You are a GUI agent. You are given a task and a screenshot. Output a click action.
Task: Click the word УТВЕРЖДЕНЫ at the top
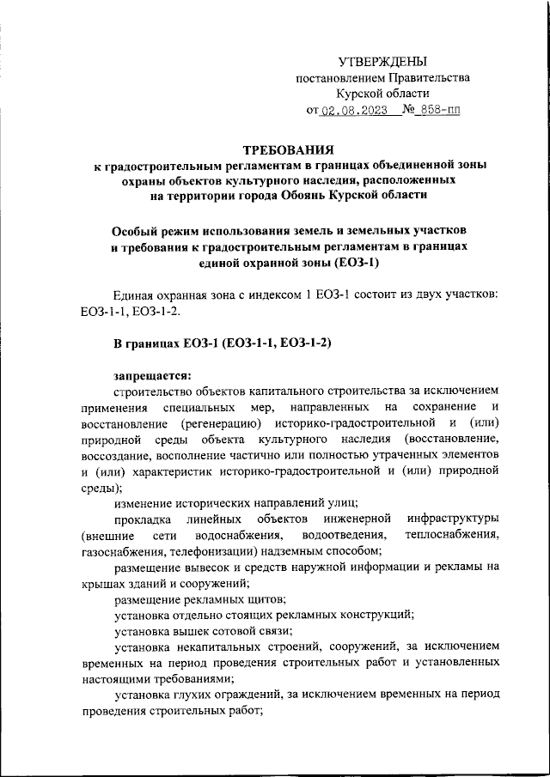(x=382, y=61)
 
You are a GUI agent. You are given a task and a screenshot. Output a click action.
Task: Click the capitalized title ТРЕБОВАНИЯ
(x=275, y=149)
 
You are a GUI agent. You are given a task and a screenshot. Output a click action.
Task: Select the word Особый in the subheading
(x=141, y=232)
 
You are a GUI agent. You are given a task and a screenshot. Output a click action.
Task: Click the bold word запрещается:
(x=154, y=374)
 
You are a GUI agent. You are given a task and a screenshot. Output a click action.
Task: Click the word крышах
(x=101, y=583)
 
